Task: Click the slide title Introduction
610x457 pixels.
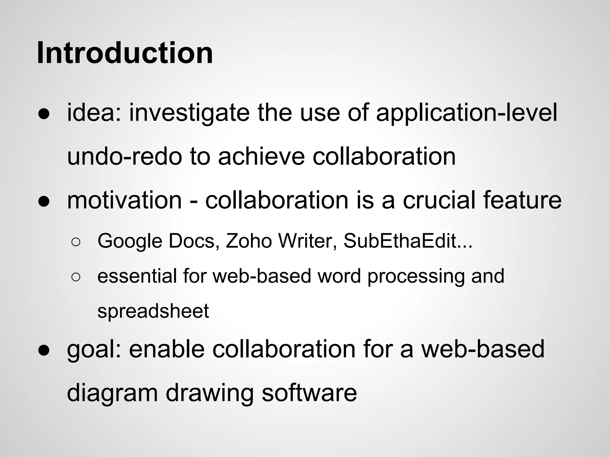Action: (125, 53)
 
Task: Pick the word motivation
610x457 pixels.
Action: (125, 200)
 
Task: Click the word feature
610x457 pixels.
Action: (522, 200)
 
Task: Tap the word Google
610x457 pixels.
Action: (130, 241)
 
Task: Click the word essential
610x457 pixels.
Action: (137, 276)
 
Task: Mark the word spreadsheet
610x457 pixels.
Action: (153, 311)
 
